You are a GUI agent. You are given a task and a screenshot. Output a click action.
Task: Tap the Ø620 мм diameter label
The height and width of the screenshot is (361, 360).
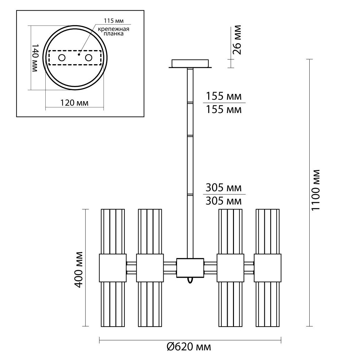[x=189, y=347]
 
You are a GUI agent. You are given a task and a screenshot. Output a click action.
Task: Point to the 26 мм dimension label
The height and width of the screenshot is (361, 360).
[x=237, y=40]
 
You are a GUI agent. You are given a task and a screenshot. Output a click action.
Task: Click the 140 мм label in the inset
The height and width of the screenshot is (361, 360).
[x=34, y=58]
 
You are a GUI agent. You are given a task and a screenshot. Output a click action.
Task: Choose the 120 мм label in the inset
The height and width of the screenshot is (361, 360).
[x=74, y=103]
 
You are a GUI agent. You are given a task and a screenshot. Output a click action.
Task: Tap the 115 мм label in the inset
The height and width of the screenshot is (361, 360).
[x=114, y=21]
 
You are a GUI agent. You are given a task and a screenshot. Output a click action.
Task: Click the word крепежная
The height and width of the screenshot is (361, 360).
[x=114, y=29]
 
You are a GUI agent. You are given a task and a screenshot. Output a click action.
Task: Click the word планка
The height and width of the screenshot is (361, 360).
[x=114, y=34]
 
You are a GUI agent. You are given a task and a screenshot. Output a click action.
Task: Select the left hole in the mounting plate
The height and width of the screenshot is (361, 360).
[x=62, y=58]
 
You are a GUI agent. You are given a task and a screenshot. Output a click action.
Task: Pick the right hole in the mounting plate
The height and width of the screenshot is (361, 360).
[x=89, y=58]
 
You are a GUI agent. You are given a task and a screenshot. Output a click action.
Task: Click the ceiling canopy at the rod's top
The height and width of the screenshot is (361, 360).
[x=190, y=64]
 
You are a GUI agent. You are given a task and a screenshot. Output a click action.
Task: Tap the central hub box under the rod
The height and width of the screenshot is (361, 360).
[x=190, y=268]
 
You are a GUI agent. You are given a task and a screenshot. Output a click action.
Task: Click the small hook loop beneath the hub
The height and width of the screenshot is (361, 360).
[x=190, y=281]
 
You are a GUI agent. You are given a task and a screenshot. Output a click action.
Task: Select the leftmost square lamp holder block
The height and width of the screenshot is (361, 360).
[x=113, y=268]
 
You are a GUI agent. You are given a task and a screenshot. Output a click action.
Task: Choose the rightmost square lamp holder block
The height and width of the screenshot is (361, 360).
[x=267, y=268]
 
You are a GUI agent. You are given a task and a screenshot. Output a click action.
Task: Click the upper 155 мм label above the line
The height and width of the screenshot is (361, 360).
[x=224, y=96]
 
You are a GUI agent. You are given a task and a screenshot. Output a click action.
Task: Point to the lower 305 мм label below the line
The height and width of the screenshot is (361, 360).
[x=224, y=201]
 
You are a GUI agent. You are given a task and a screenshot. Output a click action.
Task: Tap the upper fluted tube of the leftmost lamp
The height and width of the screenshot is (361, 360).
[x=113, y=232]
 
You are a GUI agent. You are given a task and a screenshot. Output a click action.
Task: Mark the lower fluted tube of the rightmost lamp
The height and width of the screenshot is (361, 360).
[x=267, y=304]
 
